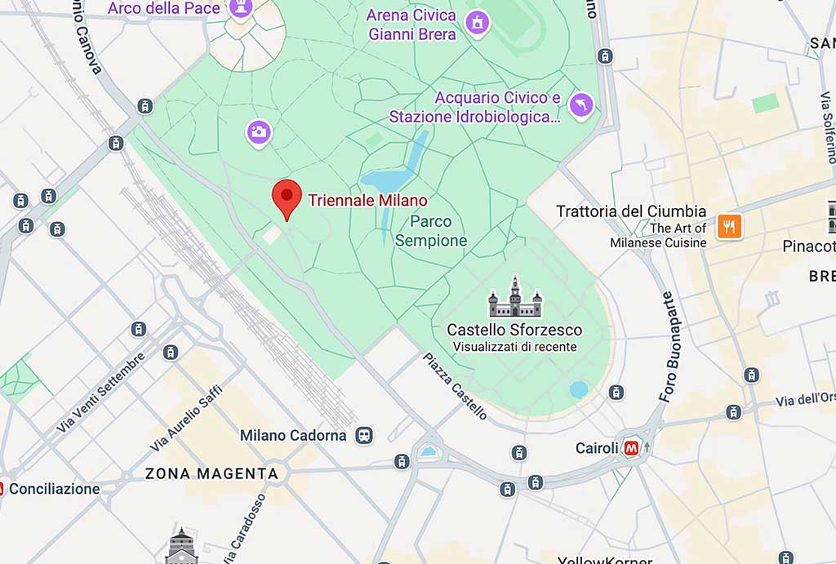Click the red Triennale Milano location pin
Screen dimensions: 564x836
[286, 197]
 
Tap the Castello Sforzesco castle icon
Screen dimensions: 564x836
[514, 298]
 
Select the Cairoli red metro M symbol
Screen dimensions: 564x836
[631, 447]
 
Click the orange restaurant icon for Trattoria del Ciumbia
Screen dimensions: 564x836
[729, 226]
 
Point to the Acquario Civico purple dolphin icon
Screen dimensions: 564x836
[580, 105]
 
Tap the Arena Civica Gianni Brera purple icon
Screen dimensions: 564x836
[477, 24]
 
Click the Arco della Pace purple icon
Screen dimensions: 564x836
[241, 8]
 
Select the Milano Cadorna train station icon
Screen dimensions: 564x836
[364, 435]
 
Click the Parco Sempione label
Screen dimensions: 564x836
[431, 231]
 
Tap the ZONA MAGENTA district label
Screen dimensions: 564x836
[211, 473]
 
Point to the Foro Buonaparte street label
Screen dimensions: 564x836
[668, 348]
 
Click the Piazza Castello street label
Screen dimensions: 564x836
[455, 386]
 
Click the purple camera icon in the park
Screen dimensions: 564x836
[259, 132]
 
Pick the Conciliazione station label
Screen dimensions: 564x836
[55, 489]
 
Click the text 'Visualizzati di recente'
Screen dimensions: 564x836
[514, 347]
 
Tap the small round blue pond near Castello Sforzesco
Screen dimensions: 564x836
[579, 389]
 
